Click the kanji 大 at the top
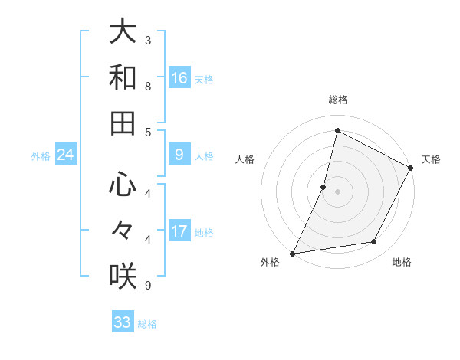tap(123, 33)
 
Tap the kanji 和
tap(123, 78)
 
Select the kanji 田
tap(123, 123)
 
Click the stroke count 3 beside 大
tap(148, 39)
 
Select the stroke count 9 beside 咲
tap(148, 285)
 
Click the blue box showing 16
tap(179, 77)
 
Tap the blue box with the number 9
tap(179, 155)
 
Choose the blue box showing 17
tap(179, 231)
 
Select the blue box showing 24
tap(66, 155)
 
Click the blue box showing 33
tap(123, 322)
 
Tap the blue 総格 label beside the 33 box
tap(147, 324)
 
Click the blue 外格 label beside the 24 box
tap(41, 156)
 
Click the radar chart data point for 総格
tap(337, 130)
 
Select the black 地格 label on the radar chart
tap(402, 262)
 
